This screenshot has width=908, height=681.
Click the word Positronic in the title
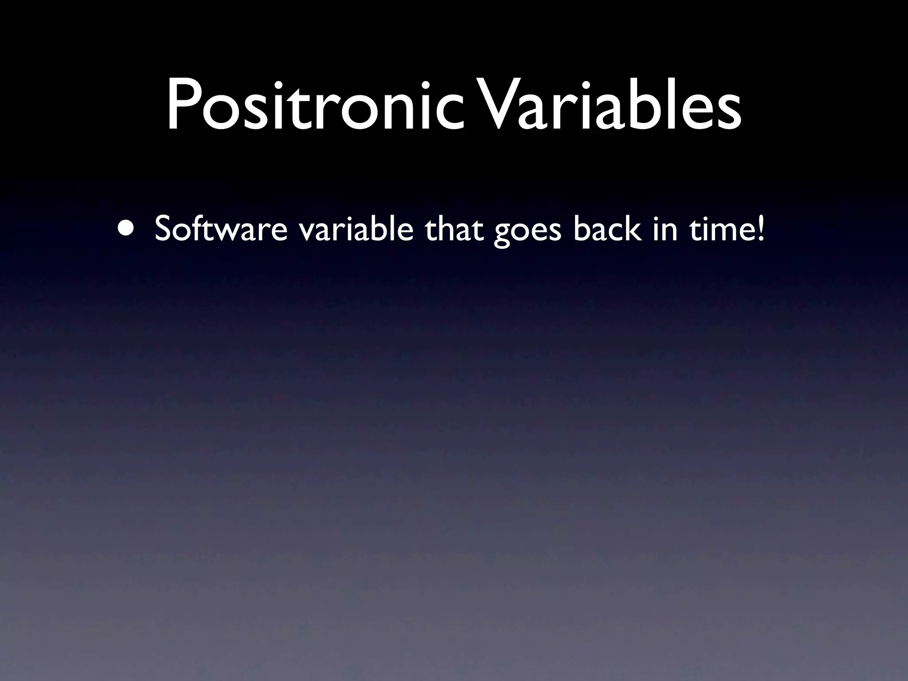point(314,106)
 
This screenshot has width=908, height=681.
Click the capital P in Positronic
point(182,106)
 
